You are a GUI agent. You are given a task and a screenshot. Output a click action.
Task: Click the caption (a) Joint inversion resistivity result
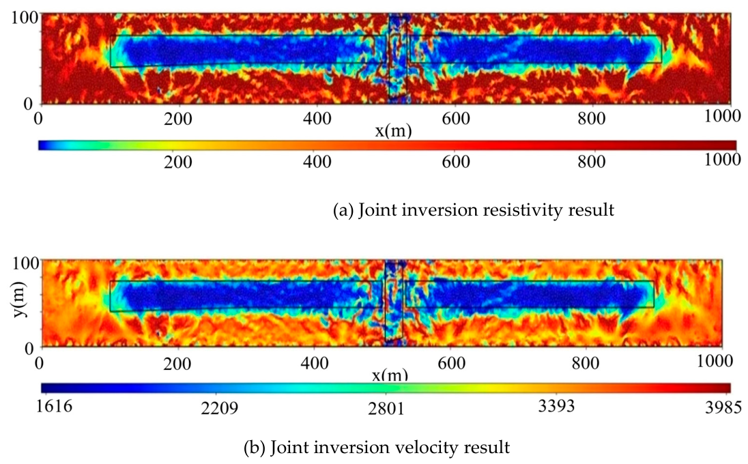(x=473, y=210)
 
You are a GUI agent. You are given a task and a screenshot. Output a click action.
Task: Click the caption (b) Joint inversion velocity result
(x=377, y=448)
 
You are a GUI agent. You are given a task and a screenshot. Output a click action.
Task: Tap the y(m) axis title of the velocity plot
(x=19, y=299)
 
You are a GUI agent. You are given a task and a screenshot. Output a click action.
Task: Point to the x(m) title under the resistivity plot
(x=393, y=130)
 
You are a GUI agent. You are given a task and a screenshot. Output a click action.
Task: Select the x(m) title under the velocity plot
(x=390, y=375)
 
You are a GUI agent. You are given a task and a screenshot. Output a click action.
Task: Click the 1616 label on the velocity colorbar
(x=55, y=406)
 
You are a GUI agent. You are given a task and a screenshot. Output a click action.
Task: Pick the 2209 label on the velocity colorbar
(x=219, y=408)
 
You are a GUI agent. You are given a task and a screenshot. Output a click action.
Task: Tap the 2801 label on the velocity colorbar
(x=386, y=408)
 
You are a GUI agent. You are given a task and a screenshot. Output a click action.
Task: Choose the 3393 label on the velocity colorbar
(x=556, y=406)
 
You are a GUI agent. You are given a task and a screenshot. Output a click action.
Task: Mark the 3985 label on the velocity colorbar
(x=723, y=407)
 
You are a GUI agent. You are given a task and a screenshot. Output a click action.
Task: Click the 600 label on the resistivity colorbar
(x=456, y=162)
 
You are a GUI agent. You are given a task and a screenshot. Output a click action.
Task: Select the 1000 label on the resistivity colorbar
(x=723, y=159)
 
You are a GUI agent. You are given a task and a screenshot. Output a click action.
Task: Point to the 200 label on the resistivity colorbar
(x=178, y=162)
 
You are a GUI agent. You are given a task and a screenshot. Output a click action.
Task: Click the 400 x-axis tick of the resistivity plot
(x=317, y=118)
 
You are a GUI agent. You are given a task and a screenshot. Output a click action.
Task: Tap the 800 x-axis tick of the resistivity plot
(x=592, y=118)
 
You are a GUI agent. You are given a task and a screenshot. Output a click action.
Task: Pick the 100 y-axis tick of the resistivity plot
(x=25, y=18)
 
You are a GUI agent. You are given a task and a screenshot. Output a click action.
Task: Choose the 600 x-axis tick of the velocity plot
(x=451, y=364)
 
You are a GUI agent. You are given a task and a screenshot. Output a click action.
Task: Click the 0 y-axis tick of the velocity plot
(x=29, y=348)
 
